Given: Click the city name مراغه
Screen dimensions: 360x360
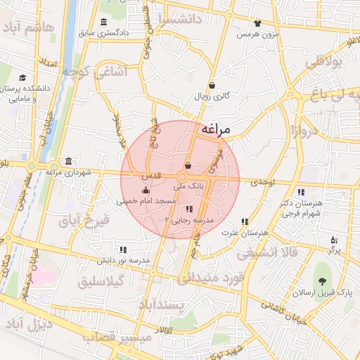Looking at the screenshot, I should (217, 129).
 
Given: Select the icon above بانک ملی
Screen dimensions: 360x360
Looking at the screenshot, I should (188, 167).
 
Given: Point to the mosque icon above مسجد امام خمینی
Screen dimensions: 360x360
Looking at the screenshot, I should (146, 190).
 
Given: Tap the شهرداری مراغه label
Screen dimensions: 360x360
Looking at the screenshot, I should (68, 172).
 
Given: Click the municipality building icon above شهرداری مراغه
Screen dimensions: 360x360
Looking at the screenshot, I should (68, 160).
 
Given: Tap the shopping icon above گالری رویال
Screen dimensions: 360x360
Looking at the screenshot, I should (212, 84).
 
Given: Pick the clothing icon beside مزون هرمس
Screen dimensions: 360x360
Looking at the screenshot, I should (257, 22).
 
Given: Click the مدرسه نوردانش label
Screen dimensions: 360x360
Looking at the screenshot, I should (124, 260).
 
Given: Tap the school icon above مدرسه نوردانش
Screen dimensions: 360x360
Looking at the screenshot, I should (123, 249).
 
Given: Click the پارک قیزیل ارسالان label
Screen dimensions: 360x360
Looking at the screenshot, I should (324, 291).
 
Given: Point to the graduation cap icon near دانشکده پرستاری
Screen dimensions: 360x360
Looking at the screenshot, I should (22, 78).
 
